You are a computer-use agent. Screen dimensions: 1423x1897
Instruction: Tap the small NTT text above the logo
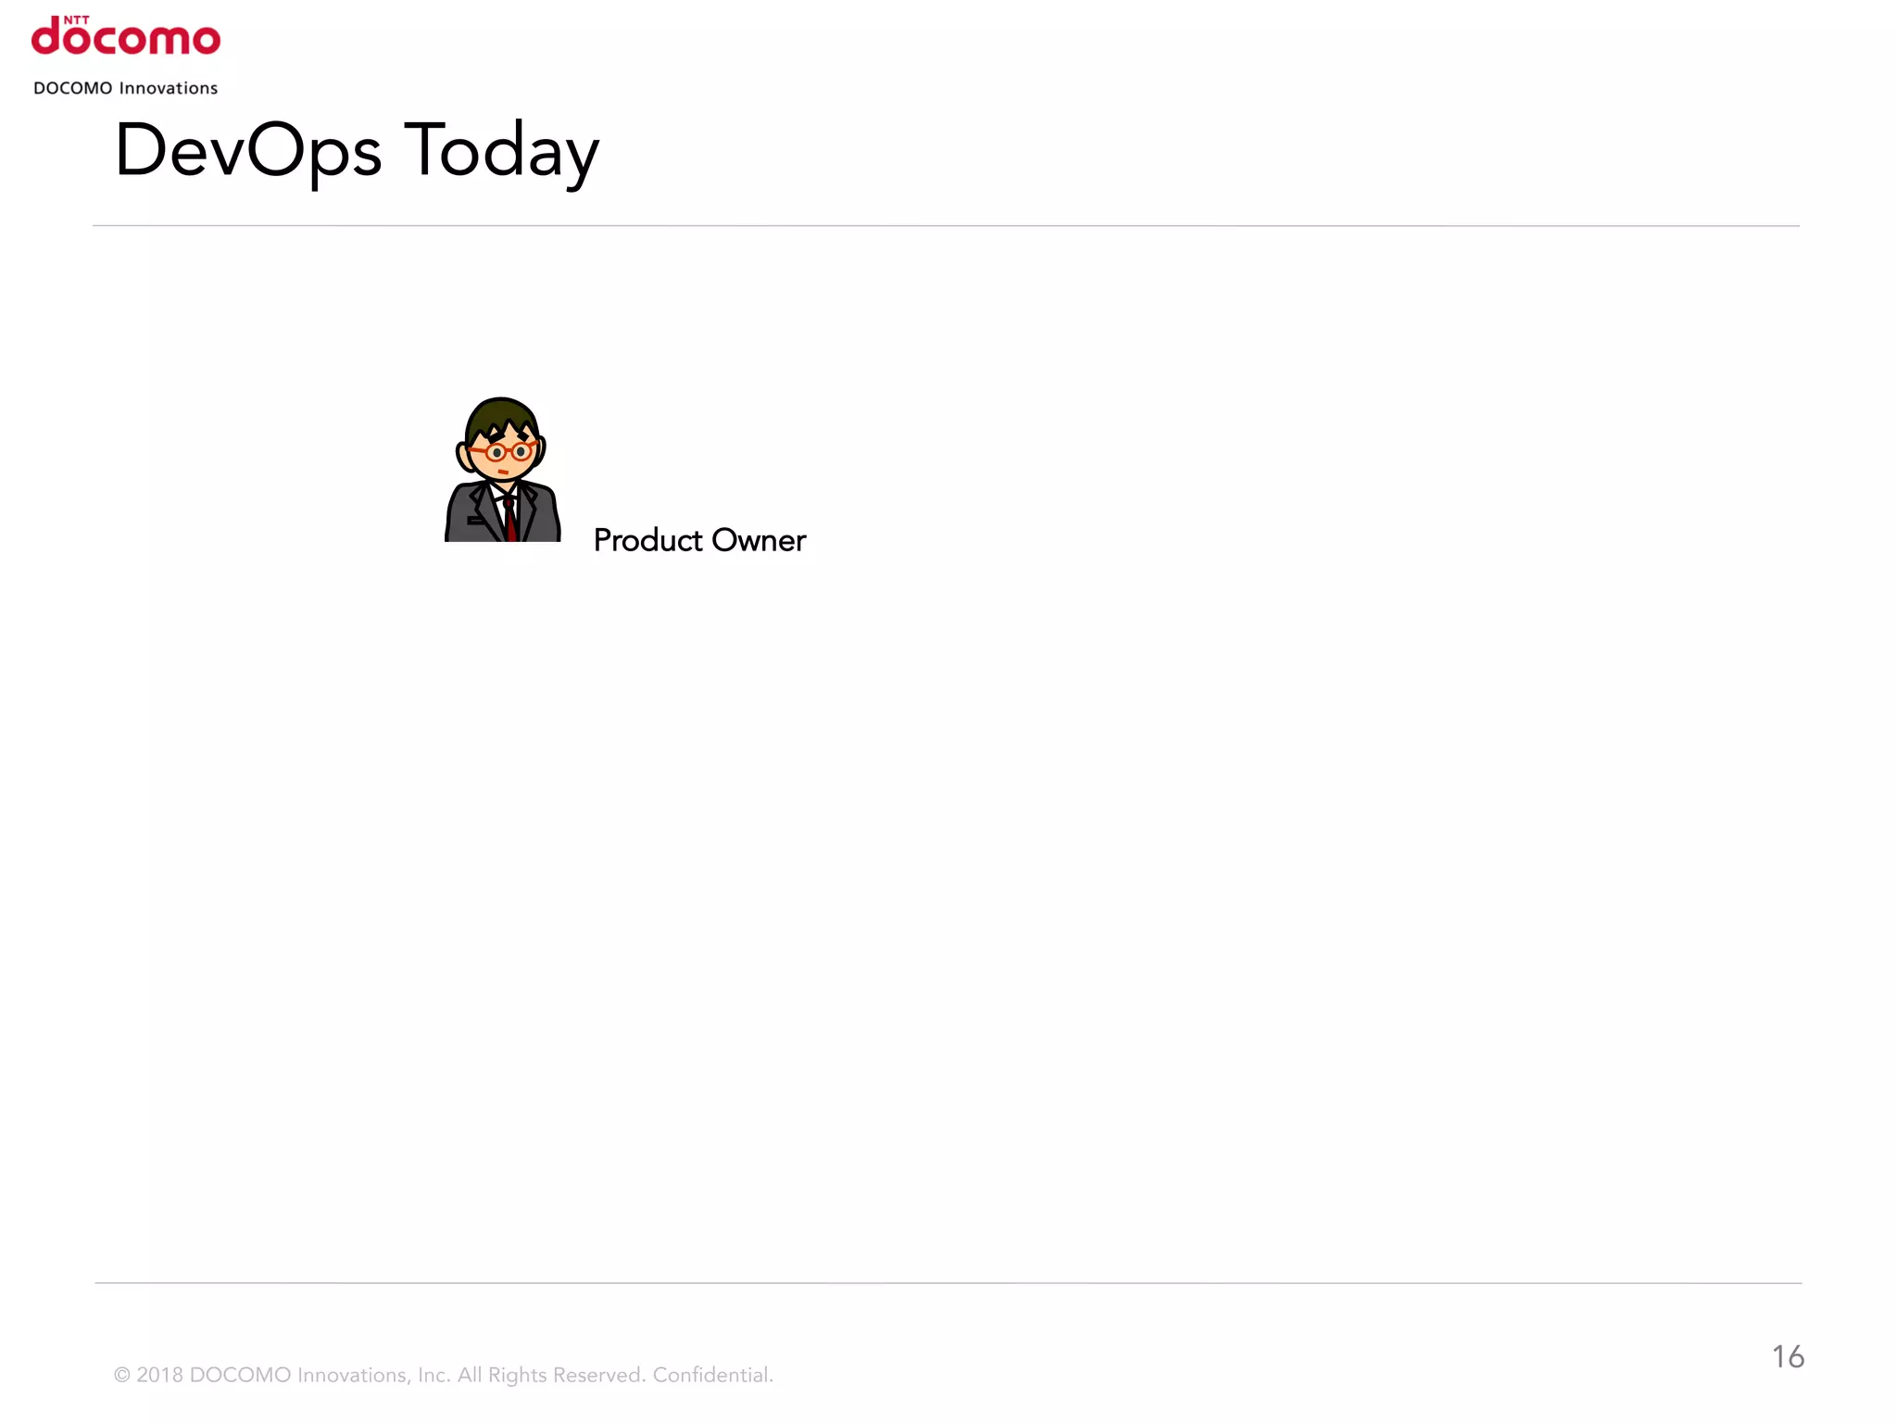click(77, 19)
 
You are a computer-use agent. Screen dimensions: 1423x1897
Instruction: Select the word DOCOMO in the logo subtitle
click(72, 88)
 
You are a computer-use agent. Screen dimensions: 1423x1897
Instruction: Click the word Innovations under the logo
click(169, 88)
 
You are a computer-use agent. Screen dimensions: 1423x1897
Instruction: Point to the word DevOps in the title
click(247, 151)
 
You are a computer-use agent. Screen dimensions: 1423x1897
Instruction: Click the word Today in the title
click(502, 151)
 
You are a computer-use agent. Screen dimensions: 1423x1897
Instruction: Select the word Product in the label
click(647, 540)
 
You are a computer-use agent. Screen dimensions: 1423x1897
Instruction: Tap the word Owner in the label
click(759, 540)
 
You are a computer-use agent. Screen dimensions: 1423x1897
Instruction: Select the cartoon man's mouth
click(502, 472)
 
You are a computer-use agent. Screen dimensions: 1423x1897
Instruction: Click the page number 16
click(1788, 1357)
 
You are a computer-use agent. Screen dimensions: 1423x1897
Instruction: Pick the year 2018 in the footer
click(159, 1375)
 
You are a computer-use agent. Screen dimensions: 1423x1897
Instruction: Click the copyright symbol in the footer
click(121, 1375)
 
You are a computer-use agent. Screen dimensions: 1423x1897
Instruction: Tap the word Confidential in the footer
click(712, 1375)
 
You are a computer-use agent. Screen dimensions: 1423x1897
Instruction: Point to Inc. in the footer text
click(433, 1375)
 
